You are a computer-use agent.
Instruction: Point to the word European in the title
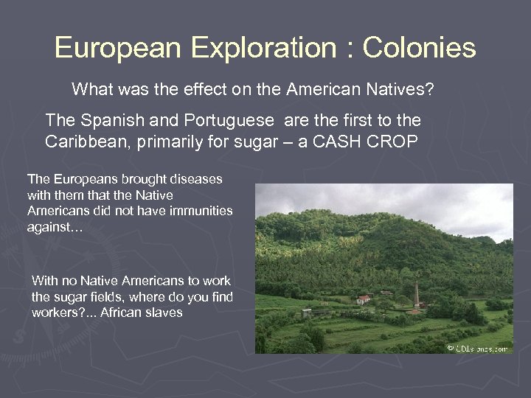click(117, 49)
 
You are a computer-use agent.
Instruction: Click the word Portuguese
click(206, 119)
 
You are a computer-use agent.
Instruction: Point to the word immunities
click(201, 211)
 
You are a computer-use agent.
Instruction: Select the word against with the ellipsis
click(55, 226)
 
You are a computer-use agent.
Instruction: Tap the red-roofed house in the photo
click(364, 299)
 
